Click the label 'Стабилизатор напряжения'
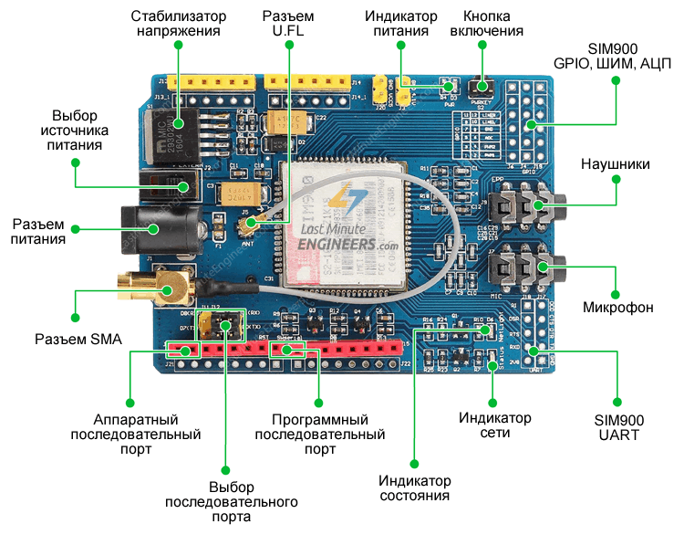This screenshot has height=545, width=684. tap(177, 24)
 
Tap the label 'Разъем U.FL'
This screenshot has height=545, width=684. tap(287, 24)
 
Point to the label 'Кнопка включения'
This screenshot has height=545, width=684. tap(492, 24)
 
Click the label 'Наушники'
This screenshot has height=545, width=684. tap(616, 164)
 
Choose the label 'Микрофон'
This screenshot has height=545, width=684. tap(617, 308)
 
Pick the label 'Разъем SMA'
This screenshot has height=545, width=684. tap(78, 340)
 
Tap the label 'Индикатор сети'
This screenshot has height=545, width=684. tap(494, 425)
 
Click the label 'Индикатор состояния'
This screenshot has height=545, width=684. tap(415, 488)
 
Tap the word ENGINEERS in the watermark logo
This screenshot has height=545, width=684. tap(340, 245)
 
